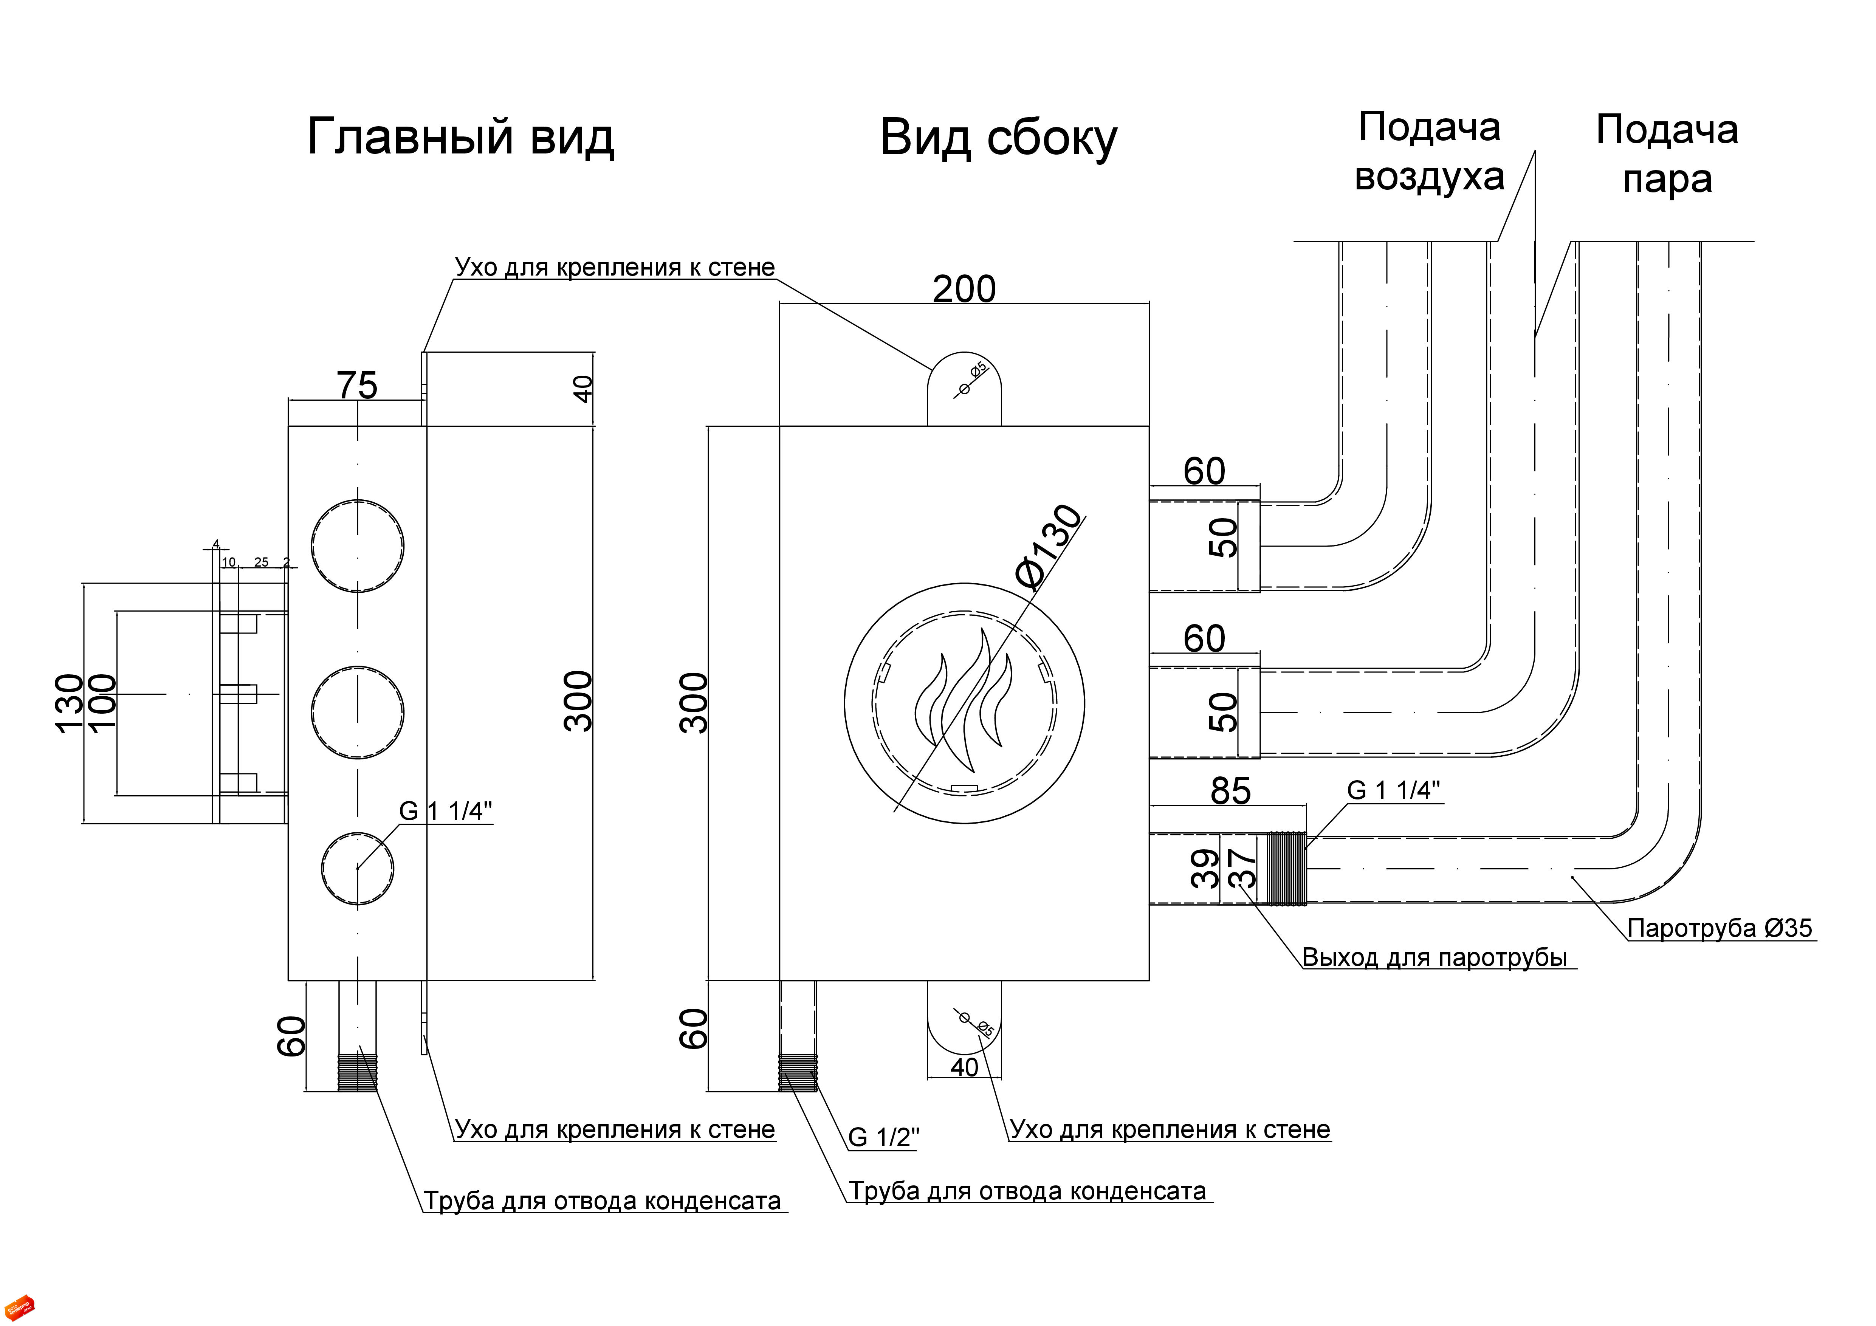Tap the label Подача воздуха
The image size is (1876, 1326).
tap(1430, 152)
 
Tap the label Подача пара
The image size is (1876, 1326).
tap(1667, 153)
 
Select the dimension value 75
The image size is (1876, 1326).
tap(358, 386)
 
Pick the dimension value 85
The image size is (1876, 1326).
tap(1230, 791)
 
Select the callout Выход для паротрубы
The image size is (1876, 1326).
tap(1435, 957)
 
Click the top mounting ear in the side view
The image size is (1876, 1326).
tap(964, 389)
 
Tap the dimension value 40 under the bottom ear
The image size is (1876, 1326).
tap(964, 1067)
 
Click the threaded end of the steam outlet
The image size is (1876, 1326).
tap(1287, 869)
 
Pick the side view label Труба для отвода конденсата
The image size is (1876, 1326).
tap(1027, 1191)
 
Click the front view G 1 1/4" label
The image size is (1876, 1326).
tap(445, 811)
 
